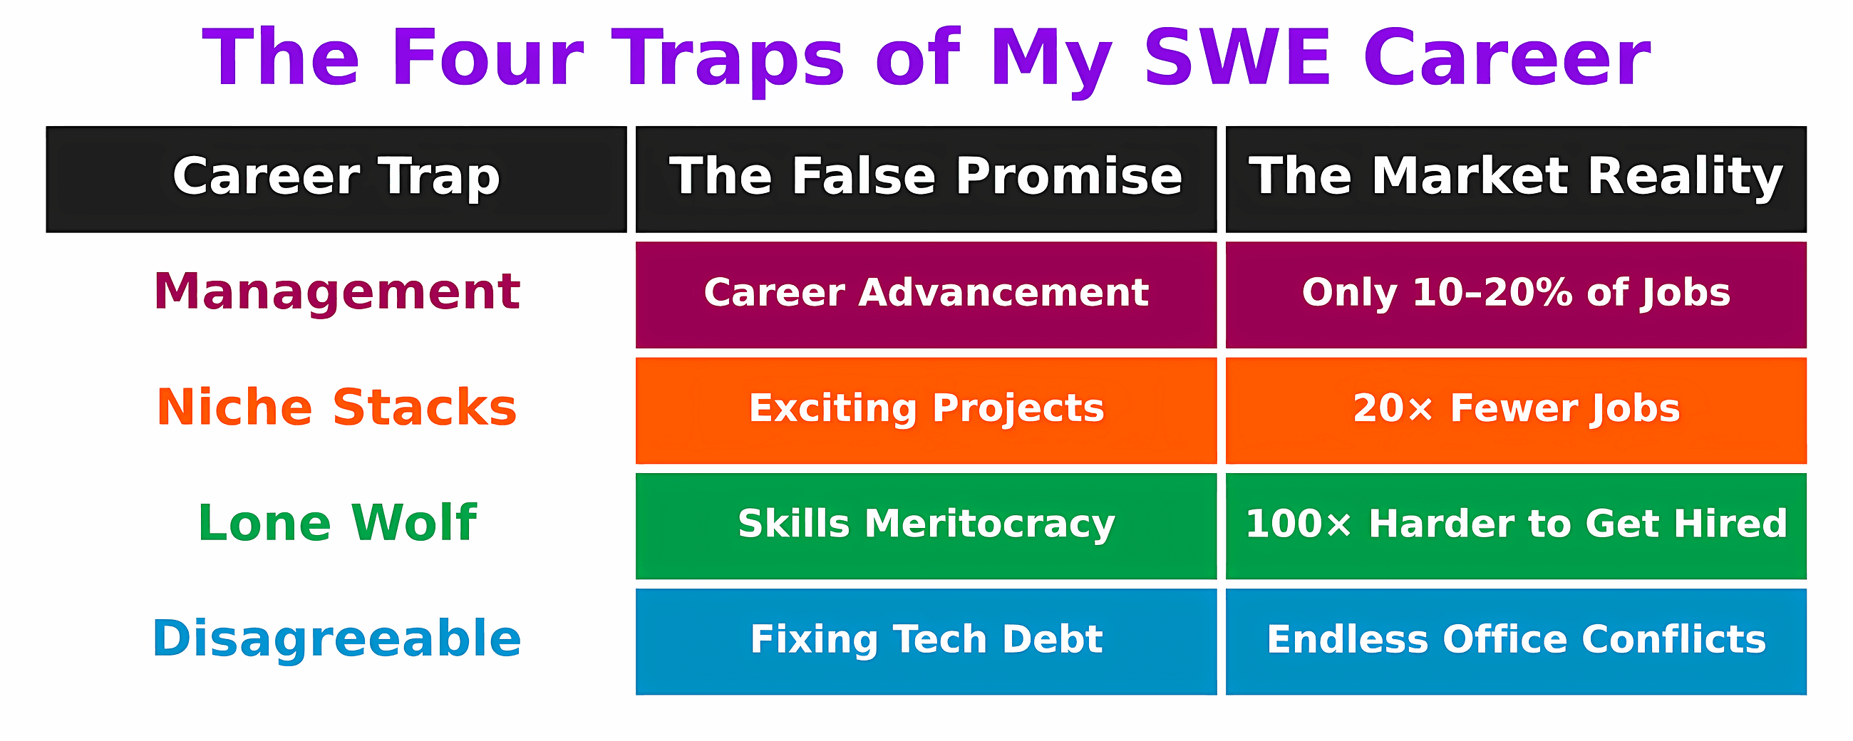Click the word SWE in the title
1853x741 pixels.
[x=1237, y=58]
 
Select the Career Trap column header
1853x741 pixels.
[x=336, y=179]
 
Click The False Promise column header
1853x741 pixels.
[x=926, y=179]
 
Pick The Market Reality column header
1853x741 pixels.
[x=1516, y=179]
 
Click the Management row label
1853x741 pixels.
[x=336, y=292]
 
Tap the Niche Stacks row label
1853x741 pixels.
[x=336, y=407]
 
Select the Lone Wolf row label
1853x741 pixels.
[x=336, y=523]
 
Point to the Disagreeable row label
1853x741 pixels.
[x=336, y=639]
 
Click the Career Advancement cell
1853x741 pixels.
[x=926, y=295]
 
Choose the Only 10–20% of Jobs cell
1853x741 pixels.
[x=1516, y=295]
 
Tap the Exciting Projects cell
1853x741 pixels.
[x=926, y=411]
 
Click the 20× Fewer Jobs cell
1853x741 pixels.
[x=1516, y=411]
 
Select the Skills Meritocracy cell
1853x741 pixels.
[x=926, y=526]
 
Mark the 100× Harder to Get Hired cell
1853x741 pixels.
[x=1516, y=526]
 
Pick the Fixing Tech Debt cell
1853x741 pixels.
[x=926, y=642]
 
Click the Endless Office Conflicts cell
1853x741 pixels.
[x=1516, y=642]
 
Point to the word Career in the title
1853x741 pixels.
[x=1507, y=58]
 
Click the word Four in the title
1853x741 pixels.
[x=487, y=58]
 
